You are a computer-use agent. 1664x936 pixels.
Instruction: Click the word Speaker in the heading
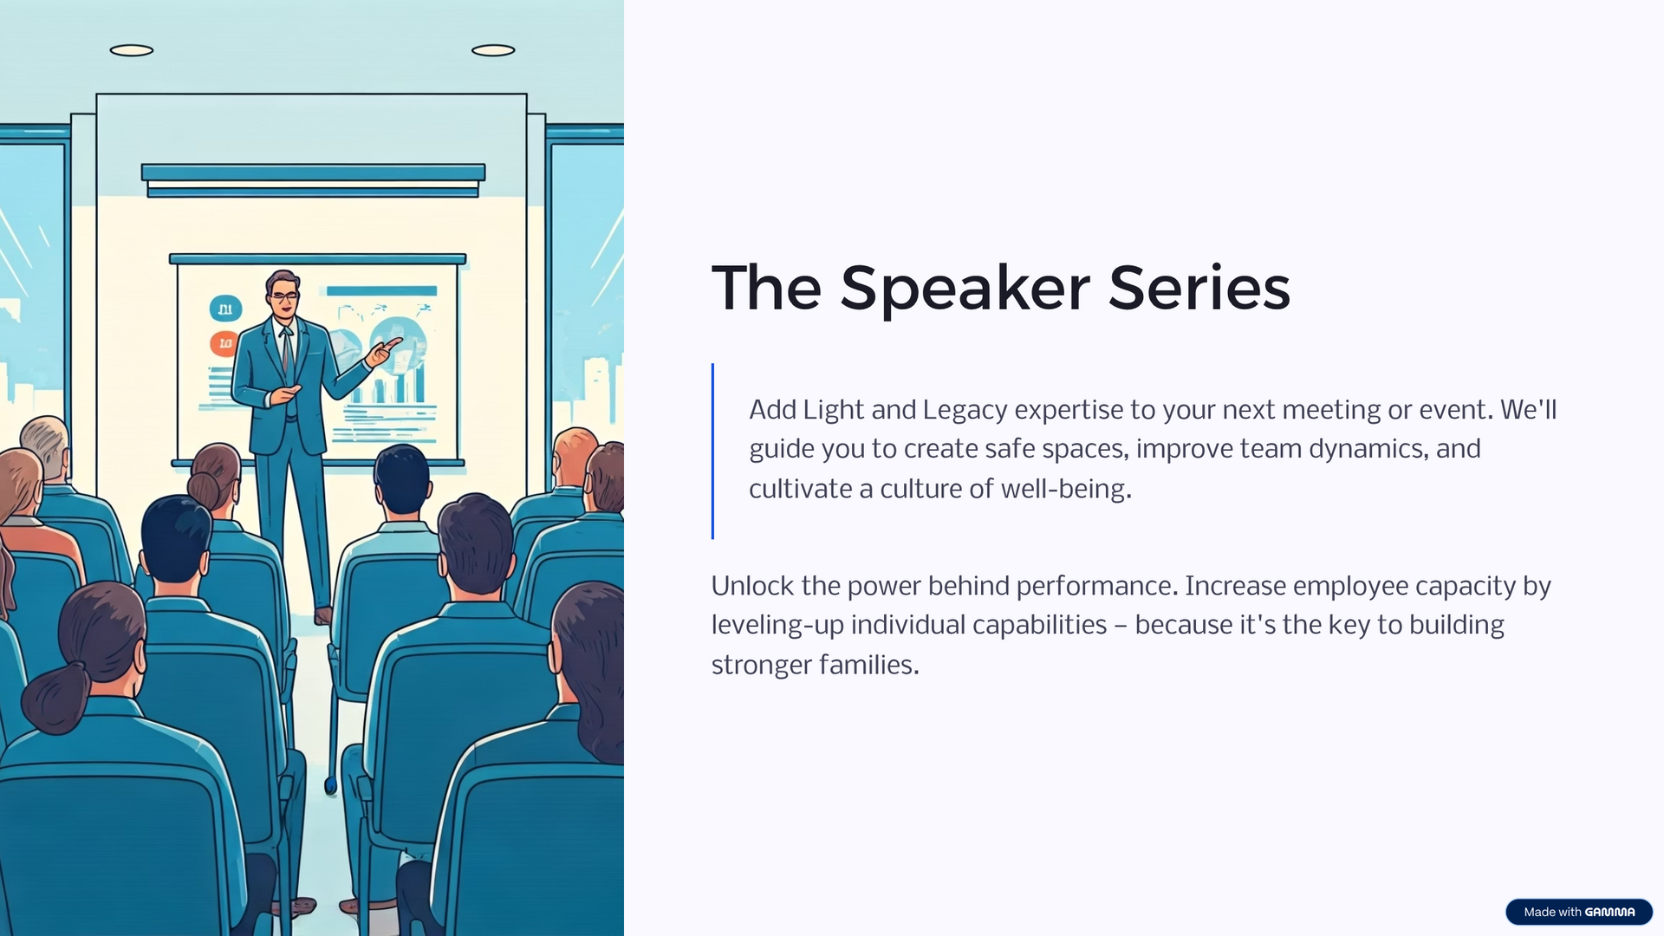(965, 289)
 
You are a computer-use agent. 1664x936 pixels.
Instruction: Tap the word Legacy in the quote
(965, 411)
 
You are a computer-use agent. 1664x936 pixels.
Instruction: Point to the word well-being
(1066, 490)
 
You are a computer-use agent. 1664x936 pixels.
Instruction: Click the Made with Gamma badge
(1579, 912)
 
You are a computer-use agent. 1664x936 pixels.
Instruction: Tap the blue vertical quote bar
(712, 451)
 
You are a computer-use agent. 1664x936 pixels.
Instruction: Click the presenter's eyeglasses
(283, 296)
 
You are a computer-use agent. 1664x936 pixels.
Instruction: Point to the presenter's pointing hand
(382, 351)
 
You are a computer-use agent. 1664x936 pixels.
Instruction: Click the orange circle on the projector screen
(224, 344)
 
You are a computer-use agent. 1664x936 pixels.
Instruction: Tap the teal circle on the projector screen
(225, 309)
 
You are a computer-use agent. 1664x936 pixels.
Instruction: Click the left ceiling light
(132, 50)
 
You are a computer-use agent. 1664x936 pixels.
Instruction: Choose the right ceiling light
(493, 50)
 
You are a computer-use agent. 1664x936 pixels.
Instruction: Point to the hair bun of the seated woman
(205, 490)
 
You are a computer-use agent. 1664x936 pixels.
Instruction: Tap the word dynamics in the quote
(1366, 450)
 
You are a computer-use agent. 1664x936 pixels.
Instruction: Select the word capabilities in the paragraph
(1039, 626)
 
